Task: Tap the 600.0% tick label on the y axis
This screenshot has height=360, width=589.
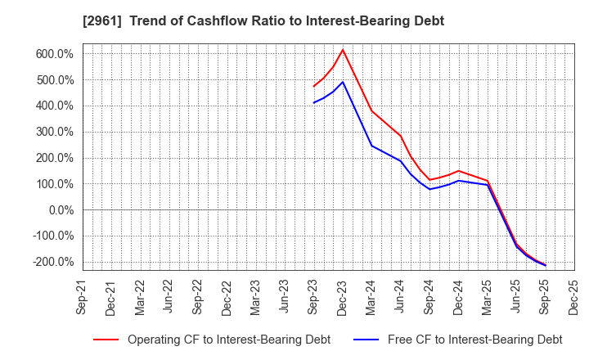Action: coord(54,54)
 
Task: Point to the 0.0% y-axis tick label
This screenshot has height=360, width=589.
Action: coord(59,210)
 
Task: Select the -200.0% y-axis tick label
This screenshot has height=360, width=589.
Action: coord(52,262)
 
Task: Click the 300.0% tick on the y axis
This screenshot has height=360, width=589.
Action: coord(54,132)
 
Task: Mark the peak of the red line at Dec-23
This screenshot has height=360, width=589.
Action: coord(343,50)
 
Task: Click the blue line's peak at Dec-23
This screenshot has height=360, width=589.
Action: coord(343,82)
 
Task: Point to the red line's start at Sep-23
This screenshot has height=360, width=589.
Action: coord(314,86)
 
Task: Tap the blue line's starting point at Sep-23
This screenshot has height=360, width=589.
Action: coord(314,102)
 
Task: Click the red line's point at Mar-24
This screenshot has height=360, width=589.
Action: coord(371,110)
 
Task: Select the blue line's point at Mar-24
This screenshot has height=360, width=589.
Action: coord(371,146)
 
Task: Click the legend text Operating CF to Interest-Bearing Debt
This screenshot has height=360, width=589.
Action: coord(228,340)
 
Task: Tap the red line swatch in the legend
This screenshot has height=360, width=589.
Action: coord(106,340)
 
